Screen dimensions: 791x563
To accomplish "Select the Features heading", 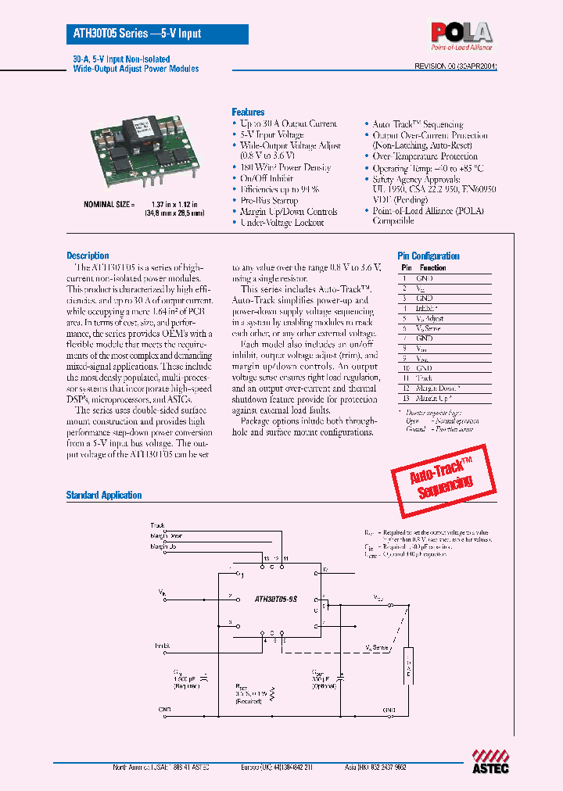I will (x=248, y=112).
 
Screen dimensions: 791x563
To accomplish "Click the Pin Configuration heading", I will (x=429, y=256).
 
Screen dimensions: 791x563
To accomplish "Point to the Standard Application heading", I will (x=104, y=495).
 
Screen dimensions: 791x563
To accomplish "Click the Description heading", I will (x=88, y=256).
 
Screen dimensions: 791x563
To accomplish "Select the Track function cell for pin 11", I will (x=425, y=378).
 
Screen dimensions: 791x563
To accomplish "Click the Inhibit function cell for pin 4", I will (x=427, y=309).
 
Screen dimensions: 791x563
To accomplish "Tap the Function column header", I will (x=432, y=267).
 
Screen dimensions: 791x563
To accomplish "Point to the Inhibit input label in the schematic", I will (x=162, y=645).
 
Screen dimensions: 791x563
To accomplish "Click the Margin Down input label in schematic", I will (x=167, y=535).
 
